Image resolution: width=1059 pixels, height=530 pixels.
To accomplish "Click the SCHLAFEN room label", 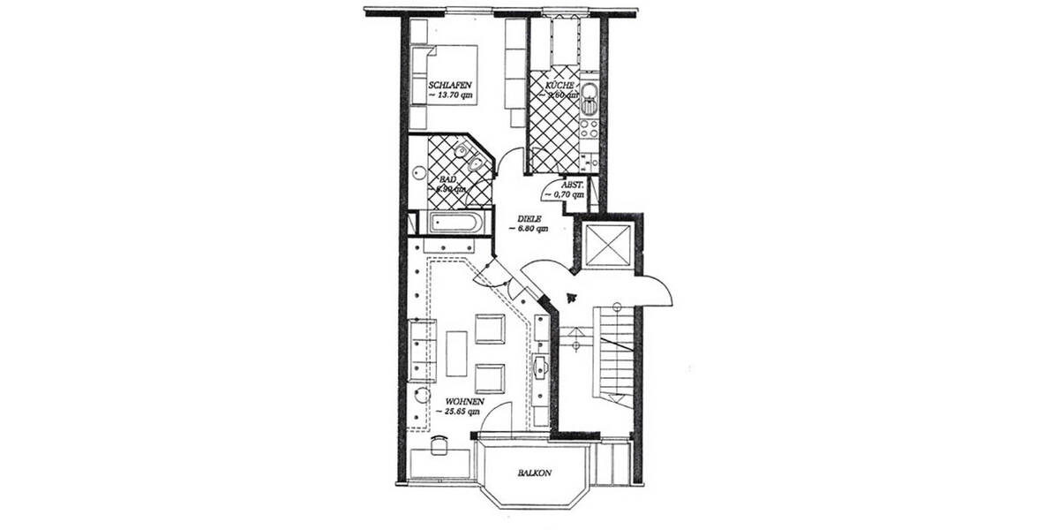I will pyautogui.click(x=447, y=86).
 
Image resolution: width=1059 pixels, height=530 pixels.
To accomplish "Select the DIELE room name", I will pyautogui.click(x=529, y=218).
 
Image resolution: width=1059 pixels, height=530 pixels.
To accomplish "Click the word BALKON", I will pyautogui.click(x=535, y=473).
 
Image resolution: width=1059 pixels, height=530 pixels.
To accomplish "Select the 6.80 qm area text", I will pyautogui.click(x=529, y=229).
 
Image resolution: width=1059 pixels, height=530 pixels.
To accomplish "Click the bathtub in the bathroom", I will pyautogui.click(x=455, y=222).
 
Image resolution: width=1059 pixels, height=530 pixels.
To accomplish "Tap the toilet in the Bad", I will pyautogui.click(x=475, y=164).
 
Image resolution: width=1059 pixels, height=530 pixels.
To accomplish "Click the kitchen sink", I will pyautogui.click(x=590, y=93).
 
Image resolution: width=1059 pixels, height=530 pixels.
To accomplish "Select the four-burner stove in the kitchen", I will pyautogui.click(x=590, y=132).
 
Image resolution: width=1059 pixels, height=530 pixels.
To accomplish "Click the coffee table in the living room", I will pyautogui.click(x=456, y=352).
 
